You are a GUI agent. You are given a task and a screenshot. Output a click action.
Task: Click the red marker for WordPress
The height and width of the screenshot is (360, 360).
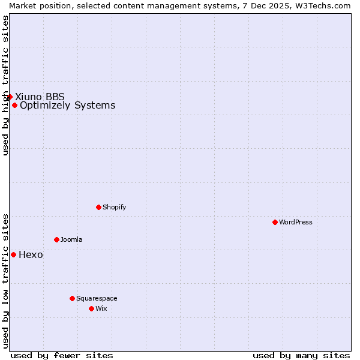pos(275,222)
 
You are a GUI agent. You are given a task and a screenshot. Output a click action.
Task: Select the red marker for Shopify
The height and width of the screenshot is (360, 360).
pos(98,207)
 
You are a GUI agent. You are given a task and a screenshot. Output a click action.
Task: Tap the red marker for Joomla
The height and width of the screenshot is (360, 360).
pos(56,239)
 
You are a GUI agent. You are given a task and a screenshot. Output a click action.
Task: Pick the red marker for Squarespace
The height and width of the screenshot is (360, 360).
pos(72,298)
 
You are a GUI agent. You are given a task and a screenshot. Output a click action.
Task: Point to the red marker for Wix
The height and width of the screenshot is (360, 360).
pos(91,308)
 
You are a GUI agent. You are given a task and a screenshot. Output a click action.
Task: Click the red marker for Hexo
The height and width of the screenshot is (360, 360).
pos(13,254)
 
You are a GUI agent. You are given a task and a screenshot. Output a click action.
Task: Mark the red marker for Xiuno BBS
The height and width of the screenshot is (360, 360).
pos(10,97)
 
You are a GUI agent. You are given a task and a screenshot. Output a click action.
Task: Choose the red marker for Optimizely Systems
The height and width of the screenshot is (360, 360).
pos(14,106)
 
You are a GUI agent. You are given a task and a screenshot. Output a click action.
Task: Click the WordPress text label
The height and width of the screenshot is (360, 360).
pos(296,222)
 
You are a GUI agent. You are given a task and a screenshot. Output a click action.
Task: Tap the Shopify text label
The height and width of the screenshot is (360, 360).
pos(114,207)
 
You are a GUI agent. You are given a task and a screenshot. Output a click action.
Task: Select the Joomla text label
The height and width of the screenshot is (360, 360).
pos(71,239)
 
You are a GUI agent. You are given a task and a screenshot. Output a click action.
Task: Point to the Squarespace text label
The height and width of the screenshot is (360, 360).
pos(97,298)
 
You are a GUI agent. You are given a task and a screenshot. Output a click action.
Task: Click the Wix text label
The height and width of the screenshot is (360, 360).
pos(101,308)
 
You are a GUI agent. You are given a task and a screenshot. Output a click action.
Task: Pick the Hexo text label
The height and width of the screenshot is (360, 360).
pos(31,254)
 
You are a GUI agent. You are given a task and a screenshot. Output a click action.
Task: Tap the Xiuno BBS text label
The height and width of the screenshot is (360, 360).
pos(40,97)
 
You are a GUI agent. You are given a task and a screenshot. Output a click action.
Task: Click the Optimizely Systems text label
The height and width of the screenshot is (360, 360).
pos(67,106)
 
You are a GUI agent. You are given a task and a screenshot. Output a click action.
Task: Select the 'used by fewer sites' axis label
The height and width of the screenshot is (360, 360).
pos(62,355)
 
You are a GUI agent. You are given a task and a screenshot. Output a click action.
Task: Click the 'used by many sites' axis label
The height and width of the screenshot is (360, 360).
pos(301,355)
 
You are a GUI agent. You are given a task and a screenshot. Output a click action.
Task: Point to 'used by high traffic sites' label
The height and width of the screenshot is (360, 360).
pos(5,85)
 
